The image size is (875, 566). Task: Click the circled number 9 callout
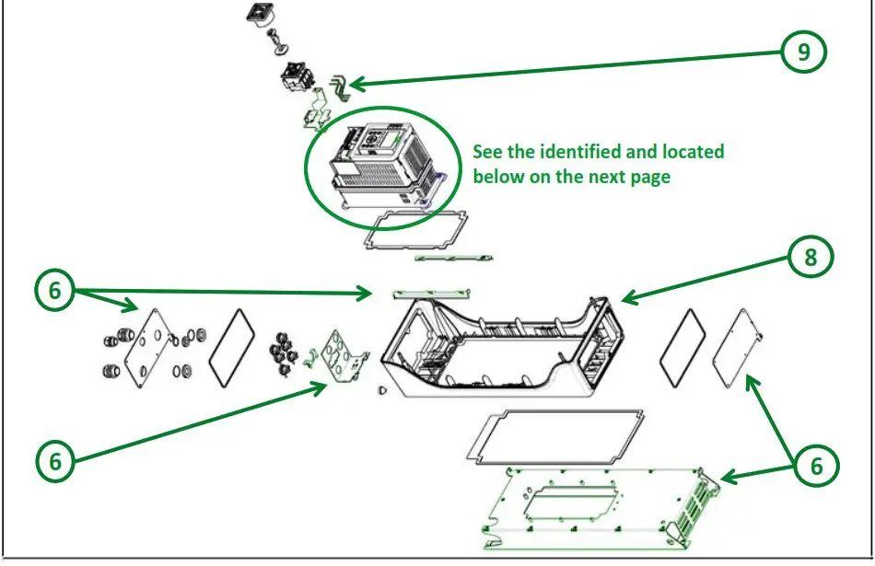(x=804, y=52)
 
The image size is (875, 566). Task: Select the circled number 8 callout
(x=811, y=258)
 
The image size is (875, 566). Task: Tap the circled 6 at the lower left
(x=55, y=460)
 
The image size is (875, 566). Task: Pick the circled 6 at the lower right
(x=816, y=467)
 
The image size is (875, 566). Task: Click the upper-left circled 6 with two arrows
(x=55, y=291)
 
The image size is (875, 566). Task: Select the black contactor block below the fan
(x=297, y=78)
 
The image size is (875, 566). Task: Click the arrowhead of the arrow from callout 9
(x=352, y=87)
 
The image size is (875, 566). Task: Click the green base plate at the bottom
(x=589, y=502)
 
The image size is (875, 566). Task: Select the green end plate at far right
(x=741, y=341)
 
